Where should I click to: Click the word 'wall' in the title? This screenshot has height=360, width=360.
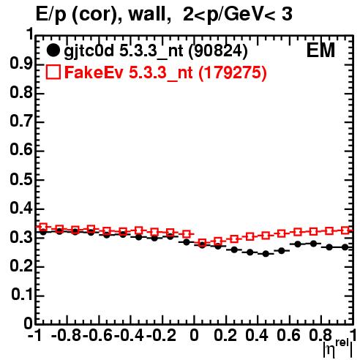[147, 14]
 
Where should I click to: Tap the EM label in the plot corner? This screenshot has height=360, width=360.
[320, 50]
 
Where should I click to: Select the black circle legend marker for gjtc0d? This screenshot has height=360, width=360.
[53, 50]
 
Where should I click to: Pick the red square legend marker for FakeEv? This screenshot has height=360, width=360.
[53, 72]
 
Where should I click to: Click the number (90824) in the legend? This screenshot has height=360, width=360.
[218, 51]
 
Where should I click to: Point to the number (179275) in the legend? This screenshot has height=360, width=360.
[233, 72]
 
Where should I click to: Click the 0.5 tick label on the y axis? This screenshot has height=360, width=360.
[21, 180]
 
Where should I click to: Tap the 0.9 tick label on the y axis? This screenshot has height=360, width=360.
[21, 64]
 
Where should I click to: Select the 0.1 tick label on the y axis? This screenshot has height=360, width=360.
[22, 295]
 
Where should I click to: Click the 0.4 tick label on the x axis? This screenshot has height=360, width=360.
[257, 335]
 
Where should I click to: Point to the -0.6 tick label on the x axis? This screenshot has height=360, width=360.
[97, 335]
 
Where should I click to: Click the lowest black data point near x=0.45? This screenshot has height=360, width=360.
[266, 254]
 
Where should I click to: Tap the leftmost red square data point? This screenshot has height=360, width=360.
[43, 227]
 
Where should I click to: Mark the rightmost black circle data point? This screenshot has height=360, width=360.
[345, 247]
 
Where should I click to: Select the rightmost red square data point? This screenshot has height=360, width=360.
[345, 230]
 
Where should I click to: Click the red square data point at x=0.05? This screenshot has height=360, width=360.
[202, 243]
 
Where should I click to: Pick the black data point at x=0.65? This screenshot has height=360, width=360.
[297, 244]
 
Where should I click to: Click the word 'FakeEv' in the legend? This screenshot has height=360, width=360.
[94, 72]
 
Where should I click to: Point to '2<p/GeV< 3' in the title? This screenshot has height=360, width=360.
[238, 14]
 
